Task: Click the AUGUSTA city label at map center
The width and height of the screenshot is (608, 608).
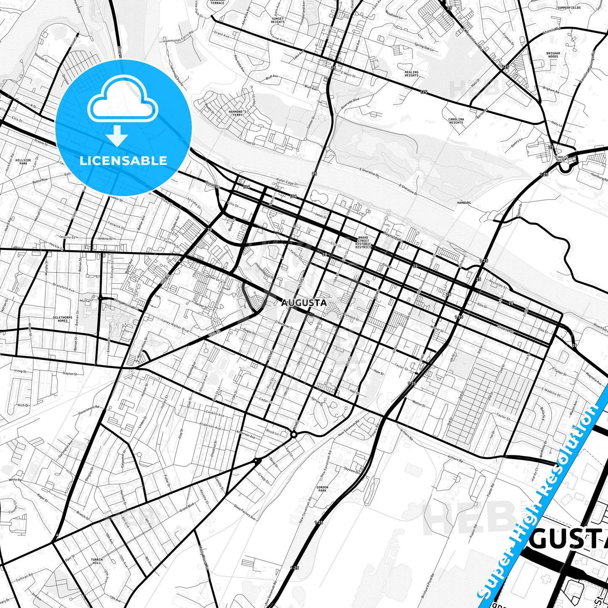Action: pos(303,303)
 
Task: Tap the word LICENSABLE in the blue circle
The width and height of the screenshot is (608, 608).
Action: pos(123,161)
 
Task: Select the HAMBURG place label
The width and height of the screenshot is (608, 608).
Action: pos(464,203)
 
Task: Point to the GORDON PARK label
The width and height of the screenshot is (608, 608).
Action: pos(322,489)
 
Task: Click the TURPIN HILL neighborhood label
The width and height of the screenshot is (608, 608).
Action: pos(96,561)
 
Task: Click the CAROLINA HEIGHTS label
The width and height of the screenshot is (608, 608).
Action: pos(456,121)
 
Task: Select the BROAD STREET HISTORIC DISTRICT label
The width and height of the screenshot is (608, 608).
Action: pos(363,242)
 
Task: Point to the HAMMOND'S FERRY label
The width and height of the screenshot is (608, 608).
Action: pos(238,113)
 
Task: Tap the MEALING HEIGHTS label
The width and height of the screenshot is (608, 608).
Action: pos(411,74)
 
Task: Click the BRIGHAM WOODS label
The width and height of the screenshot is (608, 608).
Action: pos(553,55)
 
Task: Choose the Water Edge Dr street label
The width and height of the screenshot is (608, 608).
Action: pos(287,184)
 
